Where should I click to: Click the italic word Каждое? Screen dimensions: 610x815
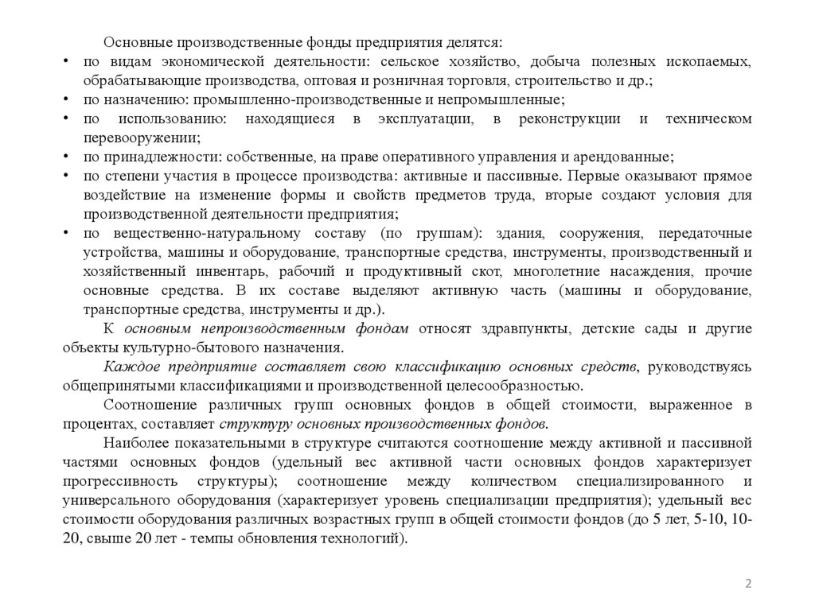(x=125, y=367)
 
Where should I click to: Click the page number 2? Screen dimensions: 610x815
(x=748, y=585)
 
